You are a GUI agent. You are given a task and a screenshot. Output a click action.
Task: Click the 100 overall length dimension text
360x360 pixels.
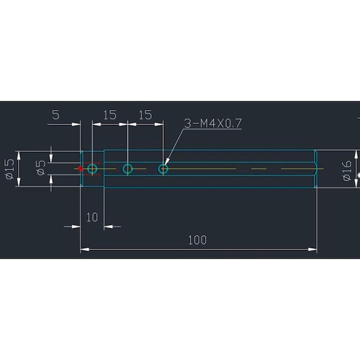coord(197,240)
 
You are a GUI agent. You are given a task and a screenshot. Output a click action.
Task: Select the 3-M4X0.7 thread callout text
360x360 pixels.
coord(212,123)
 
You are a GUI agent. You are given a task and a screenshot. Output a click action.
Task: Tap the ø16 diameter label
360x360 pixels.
coord(347,169)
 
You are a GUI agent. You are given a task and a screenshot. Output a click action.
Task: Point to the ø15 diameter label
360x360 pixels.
coord(9,169)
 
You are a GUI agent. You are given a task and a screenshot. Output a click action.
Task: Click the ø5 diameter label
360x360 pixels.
coord(41,168)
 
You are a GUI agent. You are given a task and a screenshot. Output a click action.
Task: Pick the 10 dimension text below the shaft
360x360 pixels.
coord(92,217)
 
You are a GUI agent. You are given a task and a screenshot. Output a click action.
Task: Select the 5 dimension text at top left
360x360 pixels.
coord(56,115)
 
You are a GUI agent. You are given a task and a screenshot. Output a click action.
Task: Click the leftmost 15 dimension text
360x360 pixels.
coord(109,115)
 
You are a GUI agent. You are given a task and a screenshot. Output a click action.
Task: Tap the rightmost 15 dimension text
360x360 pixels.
coord(145,115)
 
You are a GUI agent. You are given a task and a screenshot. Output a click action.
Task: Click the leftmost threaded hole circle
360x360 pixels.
coord(92,169)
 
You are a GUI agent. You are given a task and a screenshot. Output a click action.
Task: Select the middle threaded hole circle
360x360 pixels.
coord(127,169)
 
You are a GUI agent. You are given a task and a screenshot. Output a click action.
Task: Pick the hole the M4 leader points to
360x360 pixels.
coord(163,169)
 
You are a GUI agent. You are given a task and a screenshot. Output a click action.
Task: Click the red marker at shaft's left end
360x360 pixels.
coord(79,169)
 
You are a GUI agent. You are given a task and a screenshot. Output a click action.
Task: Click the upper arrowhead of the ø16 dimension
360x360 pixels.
coord(357,155)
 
